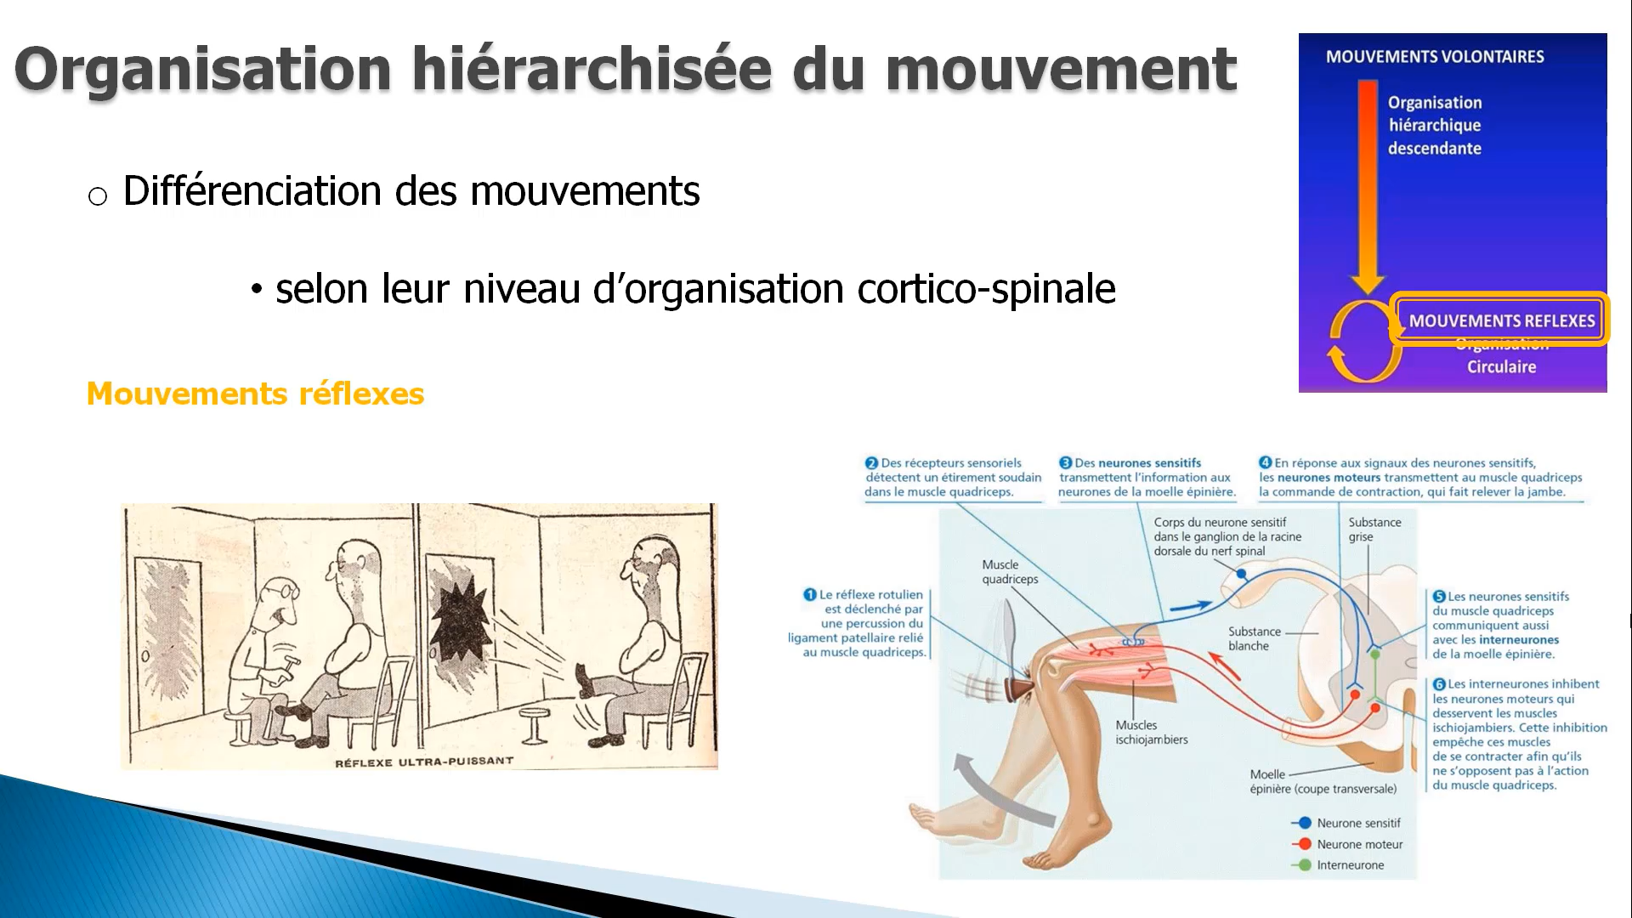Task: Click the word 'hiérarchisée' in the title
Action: [592, 70]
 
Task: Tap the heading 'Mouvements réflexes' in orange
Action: [255, 394]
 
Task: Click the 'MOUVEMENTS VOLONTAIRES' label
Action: [1435, 57]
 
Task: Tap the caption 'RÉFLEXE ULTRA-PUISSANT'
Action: [424, 762]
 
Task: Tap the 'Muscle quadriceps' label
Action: [1009, 571]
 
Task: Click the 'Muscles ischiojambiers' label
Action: [1151, 732]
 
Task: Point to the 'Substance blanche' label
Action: [1253, 638]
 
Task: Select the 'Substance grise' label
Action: [1374, 529]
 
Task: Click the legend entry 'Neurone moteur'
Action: [1359, 844]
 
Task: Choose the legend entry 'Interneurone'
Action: [1350, 865]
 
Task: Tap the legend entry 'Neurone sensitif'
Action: [1358, 823]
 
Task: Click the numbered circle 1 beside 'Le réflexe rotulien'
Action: [810, 595]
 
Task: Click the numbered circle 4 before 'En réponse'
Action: [1265, 462]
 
